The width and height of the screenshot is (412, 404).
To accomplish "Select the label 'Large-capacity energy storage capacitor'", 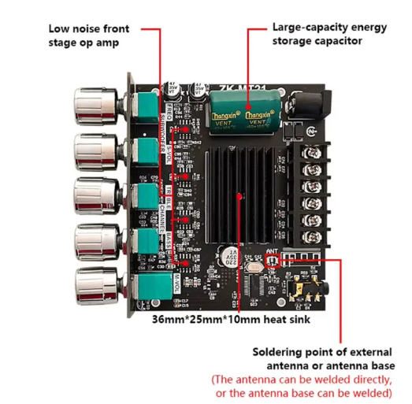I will (329, 34).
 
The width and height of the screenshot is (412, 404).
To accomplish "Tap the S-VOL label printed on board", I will (168, 151).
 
